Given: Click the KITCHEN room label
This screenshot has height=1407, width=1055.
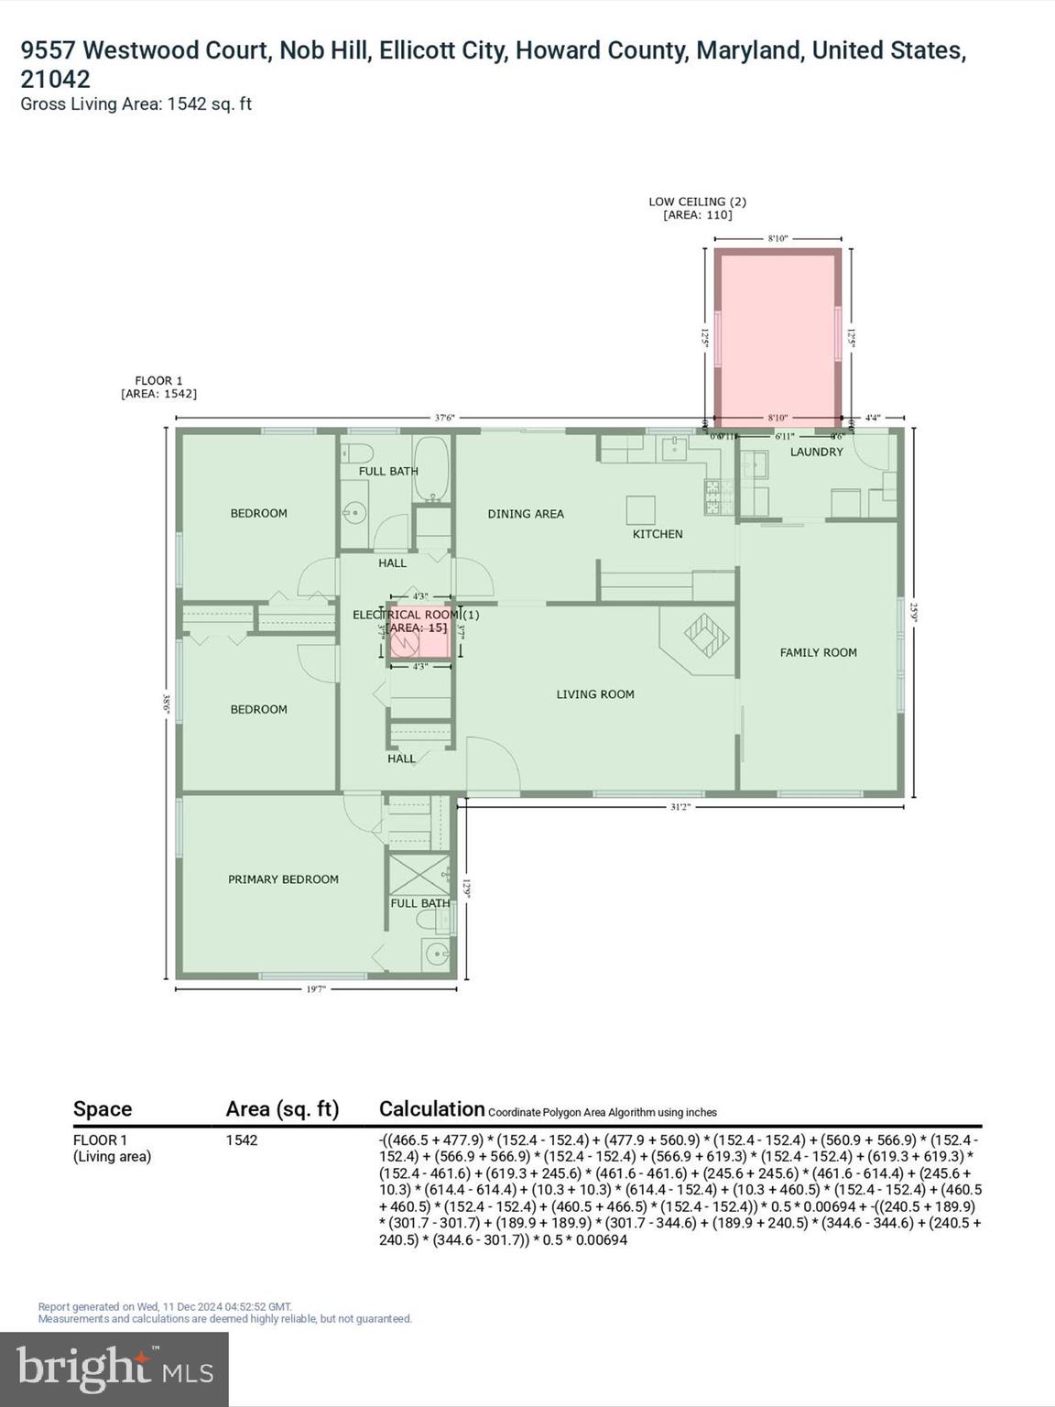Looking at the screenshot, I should pos(657,534).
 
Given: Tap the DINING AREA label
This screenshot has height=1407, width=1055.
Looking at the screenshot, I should pos(526,514).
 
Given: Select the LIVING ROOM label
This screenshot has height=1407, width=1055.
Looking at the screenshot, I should pos(595,694).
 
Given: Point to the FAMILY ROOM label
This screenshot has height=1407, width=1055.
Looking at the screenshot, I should pos(818,652).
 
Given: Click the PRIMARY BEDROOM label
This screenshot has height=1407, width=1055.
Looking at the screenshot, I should pos(283,879).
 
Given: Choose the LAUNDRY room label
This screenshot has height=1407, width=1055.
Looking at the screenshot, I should pos(816,452).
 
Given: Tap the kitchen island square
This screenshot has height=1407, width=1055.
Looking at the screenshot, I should pos(640,509).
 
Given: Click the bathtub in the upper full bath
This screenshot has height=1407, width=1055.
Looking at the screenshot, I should pos(431,469).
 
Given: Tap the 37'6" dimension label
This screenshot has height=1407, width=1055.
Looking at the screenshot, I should pos(444,418).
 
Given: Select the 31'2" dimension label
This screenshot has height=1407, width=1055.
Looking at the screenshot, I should pos(680,807).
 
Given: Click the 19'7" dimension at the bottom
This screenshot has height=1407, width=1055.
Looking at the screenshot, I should pos(316,988).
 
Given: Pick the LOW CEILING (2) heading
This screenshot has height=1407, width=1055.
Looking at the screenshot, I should pos(697,202).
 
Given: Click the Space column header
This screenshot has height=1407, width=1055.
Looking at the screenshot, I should pos(103,1109).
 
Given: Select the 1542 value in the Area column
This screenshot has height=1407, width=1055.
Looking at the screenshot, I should pos(242,1140).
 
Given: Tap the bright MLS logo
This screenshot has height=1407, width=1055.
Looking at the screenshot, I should pos(114,1369).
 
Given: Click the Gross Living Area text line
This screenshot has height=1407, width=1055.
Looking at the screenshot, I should pos(136,104).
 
